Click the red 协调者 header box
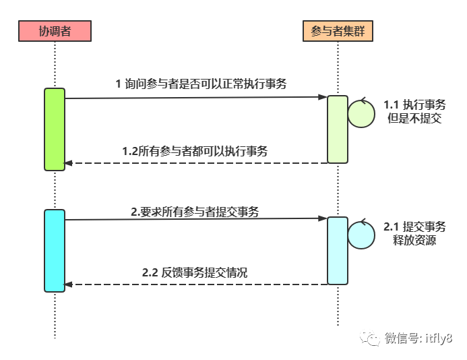pos(55,31)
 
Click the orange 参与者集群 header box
pos(338,31)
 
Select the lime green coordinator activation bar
pos(55,129)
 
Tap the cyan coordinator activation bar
pos(55,251)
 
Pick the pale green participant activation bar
pos(338,129)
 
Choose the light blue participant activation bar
pos(338,251)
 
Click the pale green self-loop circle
pos(361,114)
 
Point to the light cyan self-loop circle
pos(361,235)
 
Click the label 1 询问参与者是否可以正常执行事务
pos(201,84)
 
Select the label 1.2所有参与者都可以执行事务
pos(195,152)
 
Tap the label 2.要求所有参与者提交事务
pos(195,212)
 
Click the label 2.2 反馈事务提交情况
pos(195,273)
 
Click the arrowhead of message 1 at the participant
pos(323,97)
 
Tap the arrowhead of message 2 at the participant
pos(323,218)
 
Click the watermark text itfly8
pos(439,338)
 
